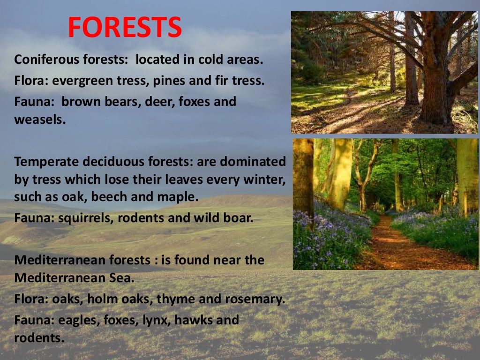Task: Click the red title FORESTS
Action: click(125, 28)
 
